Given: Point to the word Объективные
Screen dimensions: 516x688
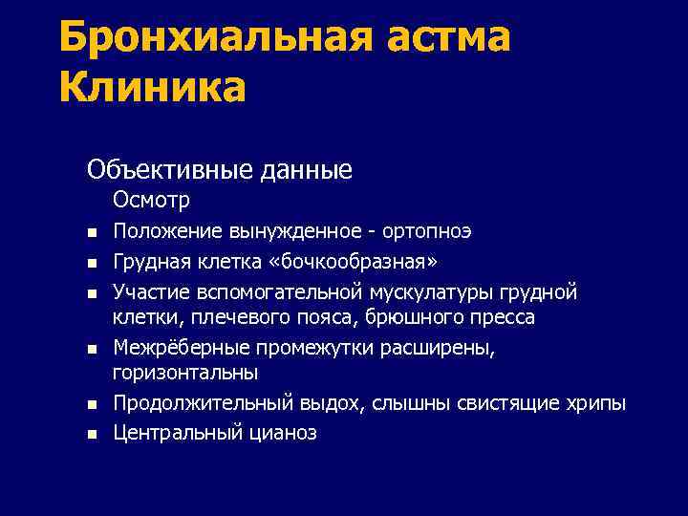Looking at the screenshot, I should (170, 169).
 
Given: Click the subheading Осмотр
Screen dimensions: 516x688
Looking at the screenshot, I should (151, 200).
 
